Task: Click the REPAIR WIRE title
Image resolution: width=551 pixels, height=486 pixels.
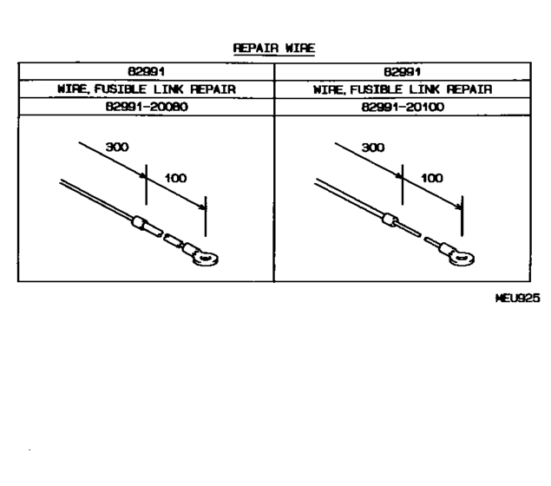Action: coord(274,48)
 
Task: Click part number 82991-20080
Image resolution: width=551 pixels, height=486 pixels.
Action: coord(147,107)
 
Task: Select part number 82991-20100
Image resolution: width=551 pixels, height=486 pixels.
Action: coord(403,107)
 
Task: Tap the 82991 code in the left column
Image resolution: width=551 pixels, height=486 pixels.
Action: coord(146,72)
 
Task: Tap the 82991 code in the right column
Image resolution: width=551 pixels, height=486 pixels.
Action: coord(402,72)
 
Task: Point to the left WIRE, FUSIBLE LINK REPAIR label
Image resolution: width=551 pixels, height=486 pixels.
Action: coord(147,89)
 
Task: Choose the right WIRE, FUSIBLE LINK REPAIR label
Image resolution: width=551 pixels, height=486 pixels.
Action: coord(403,89)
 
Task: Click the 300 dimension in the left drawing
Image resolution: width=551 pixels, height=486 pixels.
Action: coord(117,147)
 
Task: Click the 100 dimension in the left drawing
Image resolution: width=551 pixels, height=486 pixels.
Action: coord(175,178)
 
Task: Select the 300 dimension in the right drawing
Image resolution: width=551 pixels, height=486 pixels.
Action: coord(373,148)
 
